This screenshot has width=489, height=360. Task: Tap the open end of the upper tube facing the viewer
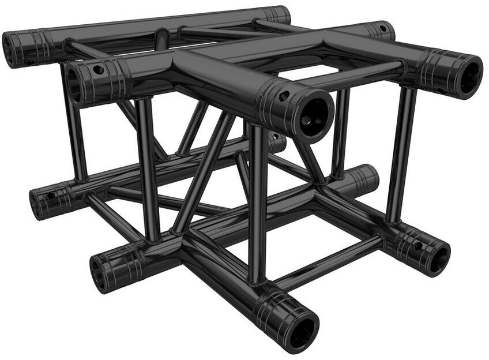point(315,114)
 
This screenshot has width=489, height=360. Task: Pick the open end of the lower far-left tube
point(38,204)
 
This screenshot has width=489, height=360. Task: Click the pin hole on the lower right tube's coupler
point(417,246)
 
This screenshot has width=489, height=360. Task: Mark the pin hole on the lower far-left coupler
point(51,196)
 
